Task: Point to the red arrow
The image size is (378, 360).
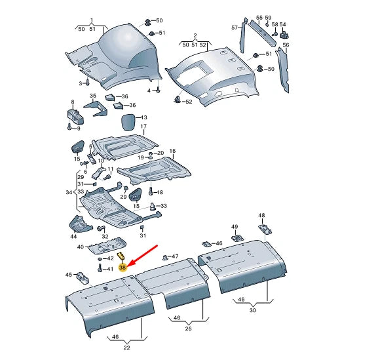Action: click(x=143, y=255)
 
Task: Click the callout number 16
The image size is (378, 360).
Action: click(x=173, y=151)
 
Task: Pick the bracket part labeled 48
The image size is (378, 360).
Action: click(x=267, y=228)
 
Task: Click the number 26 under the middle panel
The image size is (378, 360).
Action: click(x=188, y=329)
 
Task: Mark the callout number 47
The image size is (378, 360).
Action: click(x=174, y=256)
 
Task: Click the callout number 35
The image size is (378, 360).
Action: click(x=93, y=96)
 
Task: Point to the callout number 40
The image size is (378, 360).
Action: click(x=81, y=247)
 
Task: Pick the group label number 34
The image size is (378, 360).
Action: click(x=69, y=192)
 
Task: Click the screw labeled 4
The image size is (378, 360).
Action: click(x=158, y=90)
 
